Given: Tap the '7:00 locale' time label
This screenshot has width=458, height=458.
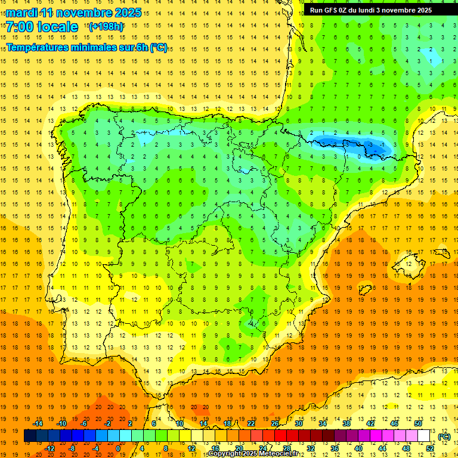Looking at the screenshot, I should pos(42,27).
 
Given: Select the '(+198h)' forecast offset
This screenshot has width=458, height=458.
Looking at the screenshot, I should pos(106,26).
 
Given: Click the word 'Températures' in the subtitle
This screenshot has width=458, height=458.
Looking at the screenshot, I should pos(40,48).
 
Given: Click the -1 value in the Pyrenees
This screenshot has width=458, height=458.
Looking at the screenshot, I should pos(382,144).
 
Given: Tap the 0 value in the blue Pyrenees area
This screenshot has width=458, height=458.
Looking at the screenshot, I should pos(359,156).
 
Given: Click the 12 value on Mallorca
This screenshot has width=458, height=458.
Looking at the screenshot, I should pos(409,264).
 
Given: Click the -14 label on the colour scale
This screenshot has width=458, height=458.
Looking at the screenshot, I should pos(39,423).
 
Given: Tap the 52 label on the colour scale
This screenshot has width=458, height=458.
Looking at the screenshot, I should pos(430,448).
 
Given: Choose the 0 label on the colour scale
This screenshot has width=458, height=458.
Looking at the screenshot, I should pos(117,448).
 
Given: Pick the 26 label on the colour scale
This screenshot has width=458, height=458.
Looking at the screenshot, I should pos(275,423).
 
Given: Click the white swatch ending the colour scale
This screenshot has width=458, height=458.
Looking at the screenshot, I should pos(424,436).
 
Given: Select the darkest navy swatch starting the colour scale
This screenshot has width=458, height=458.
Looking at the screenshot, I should pos(30,436).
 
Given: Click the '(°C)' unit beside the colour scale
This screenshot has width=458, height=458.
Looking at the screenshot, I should pos(444,437).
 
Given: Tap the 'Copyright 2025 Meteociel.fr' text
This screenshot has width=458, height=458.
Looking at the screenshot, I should pos(253,454).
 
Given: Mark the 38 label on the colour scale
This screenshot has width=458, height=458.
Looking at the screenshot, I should pos(346,423).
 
